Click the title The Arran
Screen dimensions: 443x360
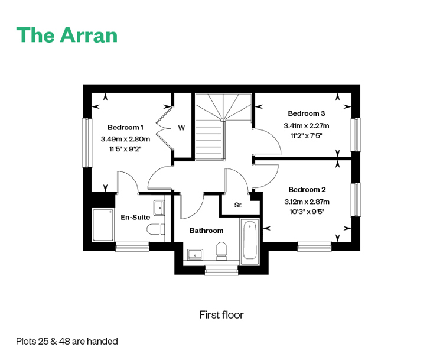(67, 35)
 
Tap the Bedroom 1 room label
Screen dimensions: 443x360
(125, 127)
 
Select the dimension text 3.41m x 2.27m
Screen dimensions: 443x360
(307, 125)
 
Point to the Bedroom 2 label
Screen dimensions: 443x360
(307, 190)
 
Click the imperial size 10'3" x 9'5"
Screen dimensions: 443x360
(307, 212)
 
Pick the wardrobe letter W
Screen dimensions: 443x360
(181, 128)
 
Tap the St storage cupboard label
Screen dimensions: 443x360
(238, 205)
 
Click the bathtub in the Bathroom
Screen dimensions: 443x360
(250, 241)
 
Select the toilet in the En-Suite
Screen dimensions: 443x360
(156, 229)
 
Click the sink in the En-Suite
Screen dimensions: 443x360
(159, 208)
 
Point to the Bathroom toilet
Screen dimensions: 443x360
(221, 251)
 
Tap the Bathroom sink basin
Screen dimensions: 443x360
(196, 255)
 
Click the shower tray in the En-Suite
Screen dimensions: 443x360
(103, 225)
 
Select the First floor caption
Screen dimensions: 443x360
(221, 314)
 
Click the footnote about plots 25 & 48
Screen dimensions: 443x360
(67, 341)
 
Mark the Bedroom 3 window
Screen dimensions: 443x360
(356, 135)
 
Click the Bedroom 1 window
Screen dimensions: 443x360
(87, 142)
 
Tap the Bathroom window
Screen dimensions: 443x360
(221, 270)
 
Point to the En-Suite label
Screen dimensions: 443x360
(135, 217)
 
